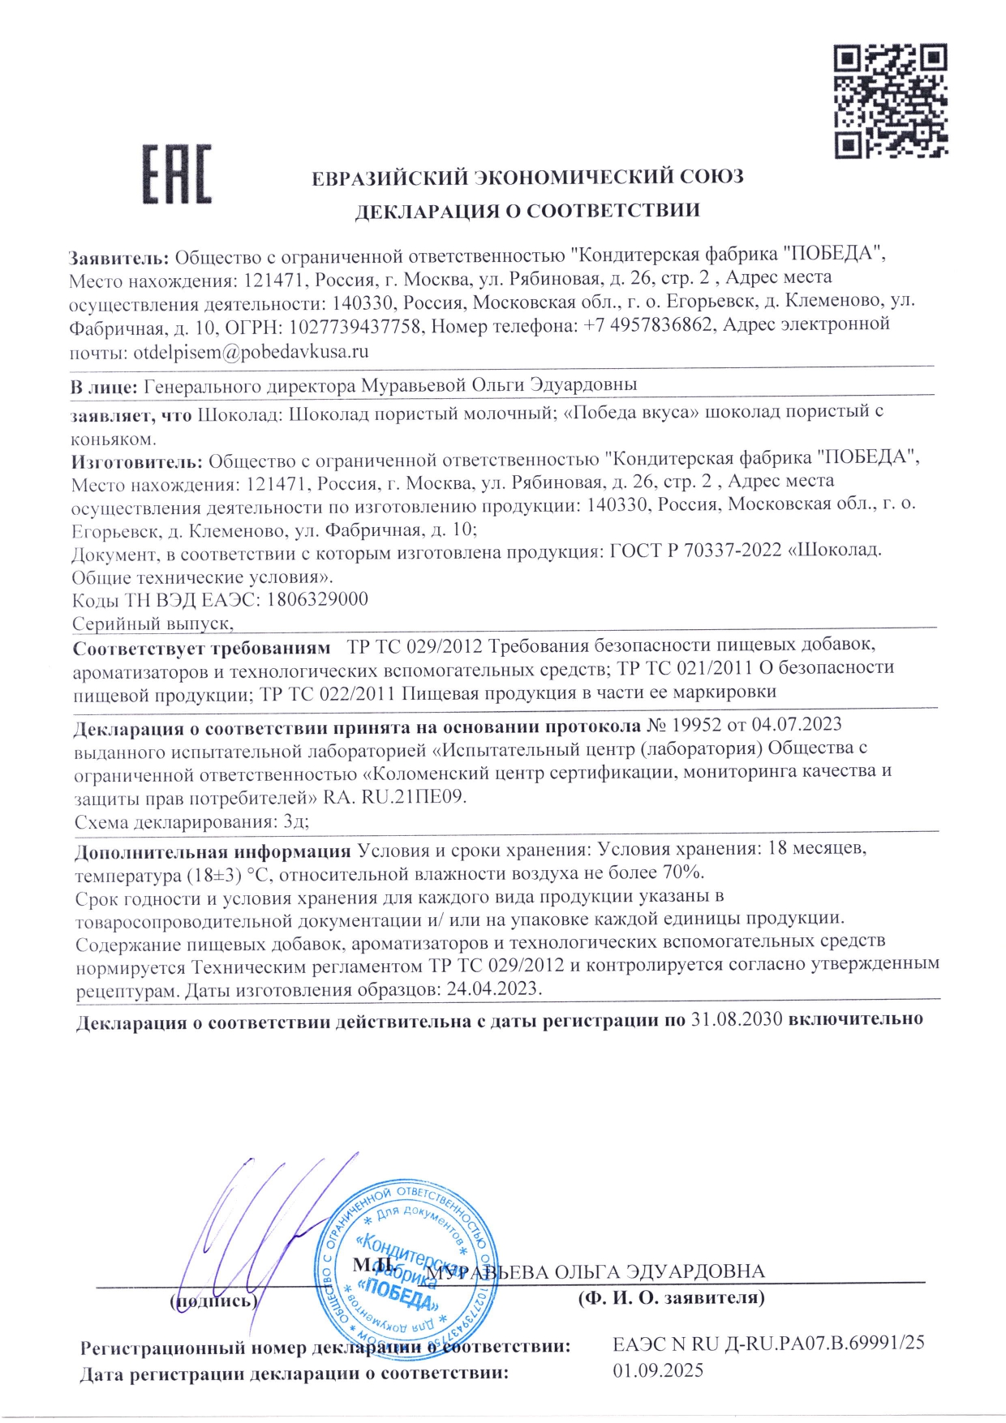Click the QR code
890,101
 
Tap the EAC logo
177,174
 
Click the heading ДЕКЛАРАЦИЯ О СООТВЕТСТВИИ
527,212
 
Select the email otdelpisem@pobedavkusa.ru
251,353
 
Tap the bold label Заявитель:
118,259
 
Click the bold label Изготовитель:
136,462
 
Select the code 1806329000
317,599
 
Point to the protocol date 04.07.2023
797,724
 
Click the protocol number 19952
696,725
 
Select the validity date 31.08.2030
736,1019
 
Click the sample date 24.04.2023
492,989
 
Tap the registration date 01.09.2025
658,1371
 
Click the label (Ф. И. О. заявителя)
671,1298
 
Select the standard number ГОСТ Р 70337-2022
696,551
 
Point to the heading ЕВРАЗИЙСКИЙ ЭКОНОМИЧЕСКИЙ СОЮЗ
527,178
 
